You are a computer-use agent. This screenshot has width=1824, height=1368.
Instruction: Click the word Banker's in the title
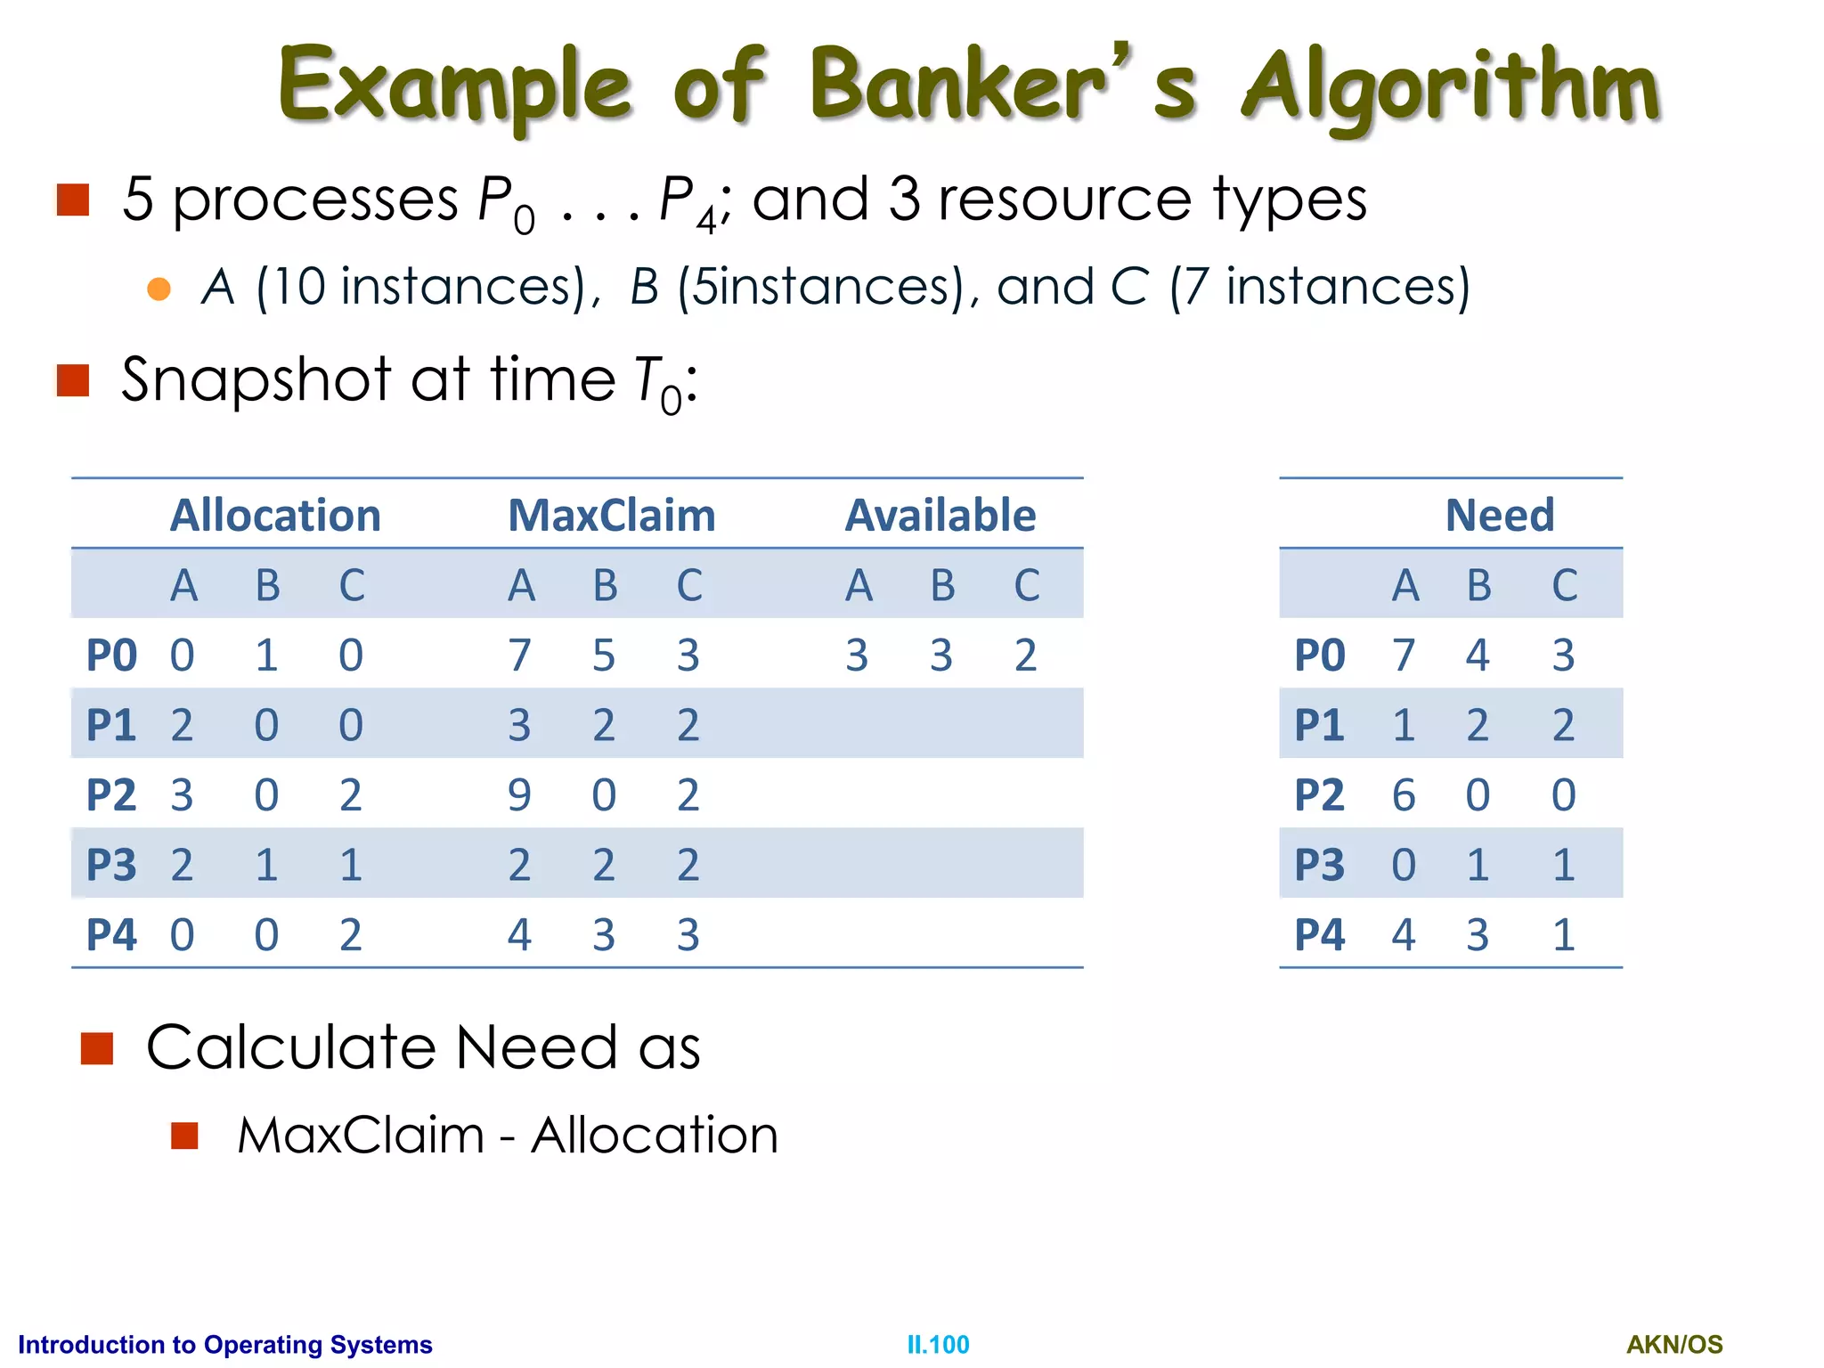coord(1002,85)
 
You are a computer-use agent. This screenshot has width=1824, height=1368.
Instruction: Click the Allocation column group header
coord(275,515)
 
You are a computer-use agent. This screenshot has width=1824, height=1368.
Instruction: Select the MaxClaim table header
coord(612,515)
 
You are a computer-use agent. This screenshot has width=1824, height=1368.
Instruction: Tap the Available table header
coord(940,515)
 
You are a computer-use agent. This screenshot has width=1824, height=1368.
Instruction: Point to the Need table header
coord(1500,515)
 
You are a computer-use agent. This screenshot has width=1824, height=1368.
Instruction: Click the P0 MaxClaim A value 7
coord(519,655)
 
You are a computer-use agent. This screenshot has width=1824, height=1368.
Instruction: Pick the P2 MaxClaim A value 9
coord(519,794)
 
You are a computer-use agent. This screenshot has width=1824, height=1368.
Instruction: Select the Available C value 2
coord(1026,655)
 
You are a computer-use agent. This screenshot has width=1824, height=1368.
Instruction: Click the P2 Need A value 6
coord(1404,794)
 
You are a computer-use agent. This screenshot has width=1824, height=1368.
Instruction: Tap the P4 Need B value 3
coord(1478,935)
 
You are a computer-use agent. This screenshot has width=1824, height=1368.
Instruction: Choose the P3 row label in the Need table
coord(1319,865)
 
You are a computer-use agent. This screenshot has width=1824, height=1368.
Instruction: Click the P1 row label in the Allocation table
coord(111,725)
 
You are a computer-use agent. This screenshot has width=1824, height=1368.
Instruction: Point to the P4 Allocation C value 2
coord(351,935)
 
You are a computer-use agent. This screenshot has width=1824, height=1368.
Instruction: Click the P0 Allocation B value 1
coord(266,655)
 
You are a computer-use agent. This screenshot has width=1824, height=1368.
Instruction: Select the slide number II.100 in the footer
coord(938,1344)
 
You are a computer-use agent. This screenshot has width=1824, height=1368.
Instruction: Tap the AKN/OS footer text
coord(1674,1344)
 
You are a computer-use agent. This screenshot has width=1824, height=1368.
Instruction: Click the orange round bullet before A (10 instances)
coord(159,289)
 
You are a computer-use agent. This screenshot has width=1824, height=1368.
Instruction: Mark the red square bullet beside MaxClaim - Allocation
coord(184,1136)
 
